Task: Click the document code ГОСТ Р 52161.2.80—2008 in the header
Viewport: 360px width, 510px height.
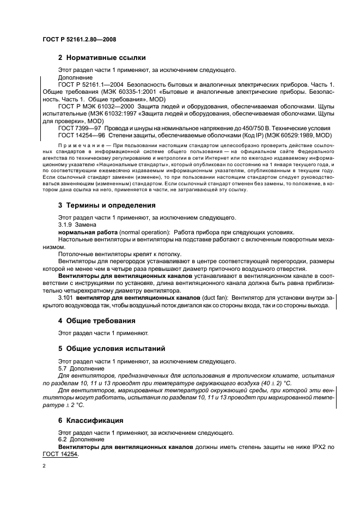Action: pos(80,40)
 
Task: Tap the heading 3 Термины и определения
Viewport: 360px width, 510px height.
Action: pos(107,205)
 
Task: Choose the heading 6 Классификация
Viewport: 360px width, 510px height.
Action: pos(95,421)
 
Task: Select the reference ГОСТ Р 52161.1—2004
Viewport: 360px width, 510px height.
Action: pos(91,86)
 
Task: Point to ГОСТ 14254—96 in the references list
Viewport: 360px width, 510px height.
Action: pos(82,135)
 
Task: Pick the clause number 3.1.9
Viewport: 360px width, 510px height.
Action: pos(65,224)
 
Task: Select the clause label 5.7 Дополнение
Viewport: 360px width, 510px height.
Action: pos(77,368)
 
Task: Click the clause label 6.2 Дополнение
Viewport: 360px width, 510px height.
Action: pos(77,440)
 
